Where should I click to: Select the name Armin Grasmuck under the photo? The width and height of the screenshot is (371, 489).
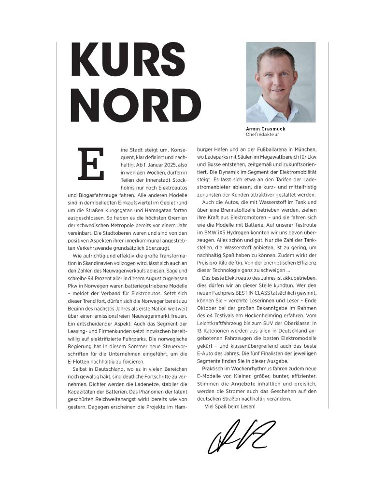pos(265,129)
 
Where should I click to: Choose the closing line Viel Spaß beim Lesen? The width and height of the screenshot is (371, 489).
pos(230,407)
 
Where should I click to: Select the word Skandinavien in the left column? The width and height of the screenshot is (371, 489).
pos(97,262)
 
